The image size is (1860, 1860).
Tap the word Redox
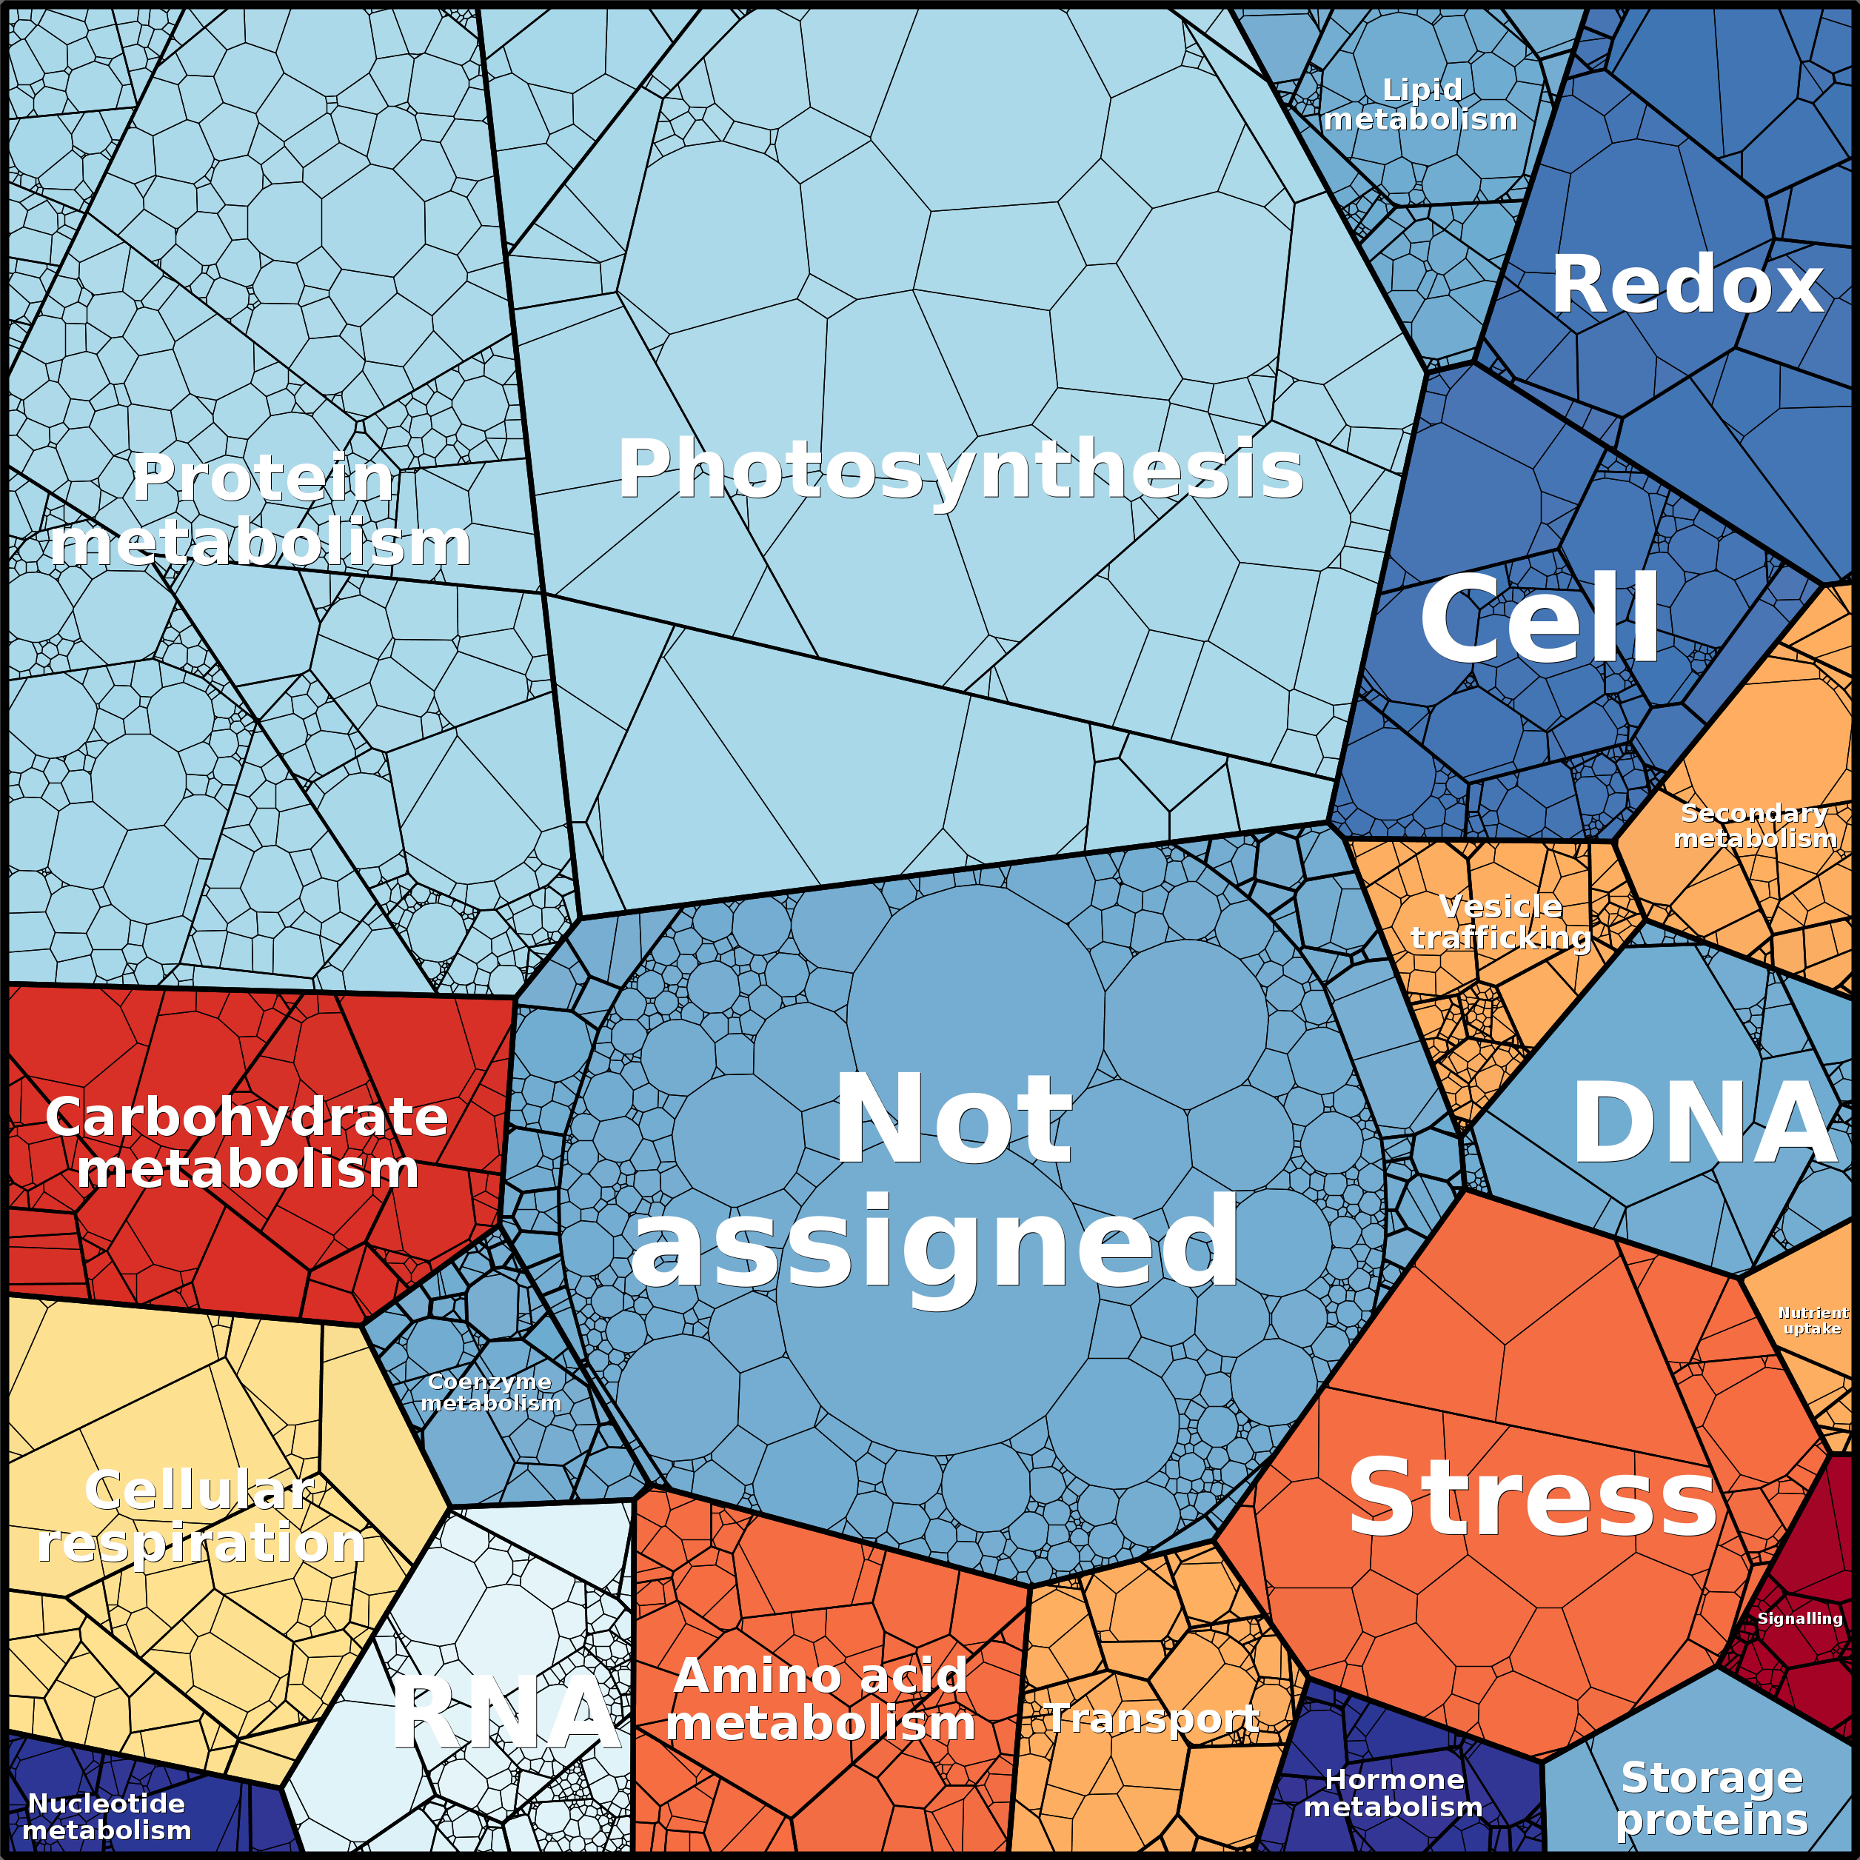click(x=1687, y=285)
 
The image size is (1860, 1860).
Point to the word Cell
click(x=1540, y=619)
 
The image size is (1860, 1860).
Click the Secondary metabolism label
click(x=1754, y=826)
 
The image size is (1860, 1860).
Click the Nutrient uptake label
click(x=1812, y=1320)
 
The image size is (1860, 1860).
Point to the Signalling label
click(x=1799, y=1619)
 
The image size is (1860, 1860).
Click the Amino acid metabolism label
click(x=820, y=1699)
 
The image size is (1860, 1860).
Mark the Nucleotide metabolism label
click(x=106, y=1816)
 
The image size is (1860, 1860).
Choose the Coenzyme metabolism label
click(x=490, y=1392)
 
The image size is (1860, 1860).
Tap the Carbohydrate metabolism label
click(x=247, y=1143)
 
